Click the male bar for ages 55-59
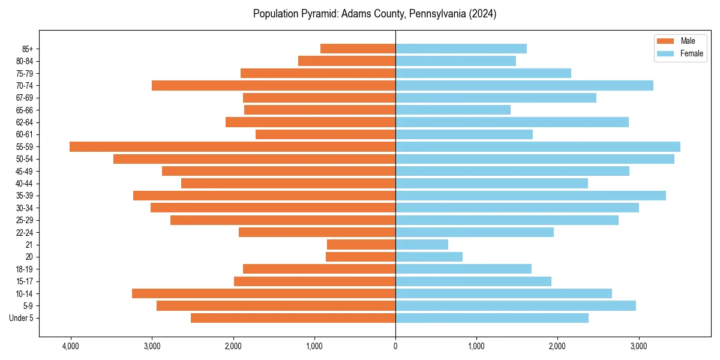[232, 146]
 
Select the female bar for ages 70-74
[524, 85]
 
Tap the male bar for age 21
[361, 244]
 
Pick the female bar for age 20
[428, 257]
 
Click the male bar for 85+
[358, 49]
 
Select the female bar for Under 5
[491, 318]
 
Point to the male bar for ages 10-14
[263, 293]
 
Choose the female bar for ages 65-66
[452, 110]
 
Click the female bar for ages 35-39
[530, 196]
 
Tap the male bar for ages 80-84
[346, 61]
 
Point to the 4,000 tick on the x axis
[71, 346]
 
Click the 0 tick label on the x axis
[395, 346]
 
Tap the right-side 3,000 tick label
[638, 346]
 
